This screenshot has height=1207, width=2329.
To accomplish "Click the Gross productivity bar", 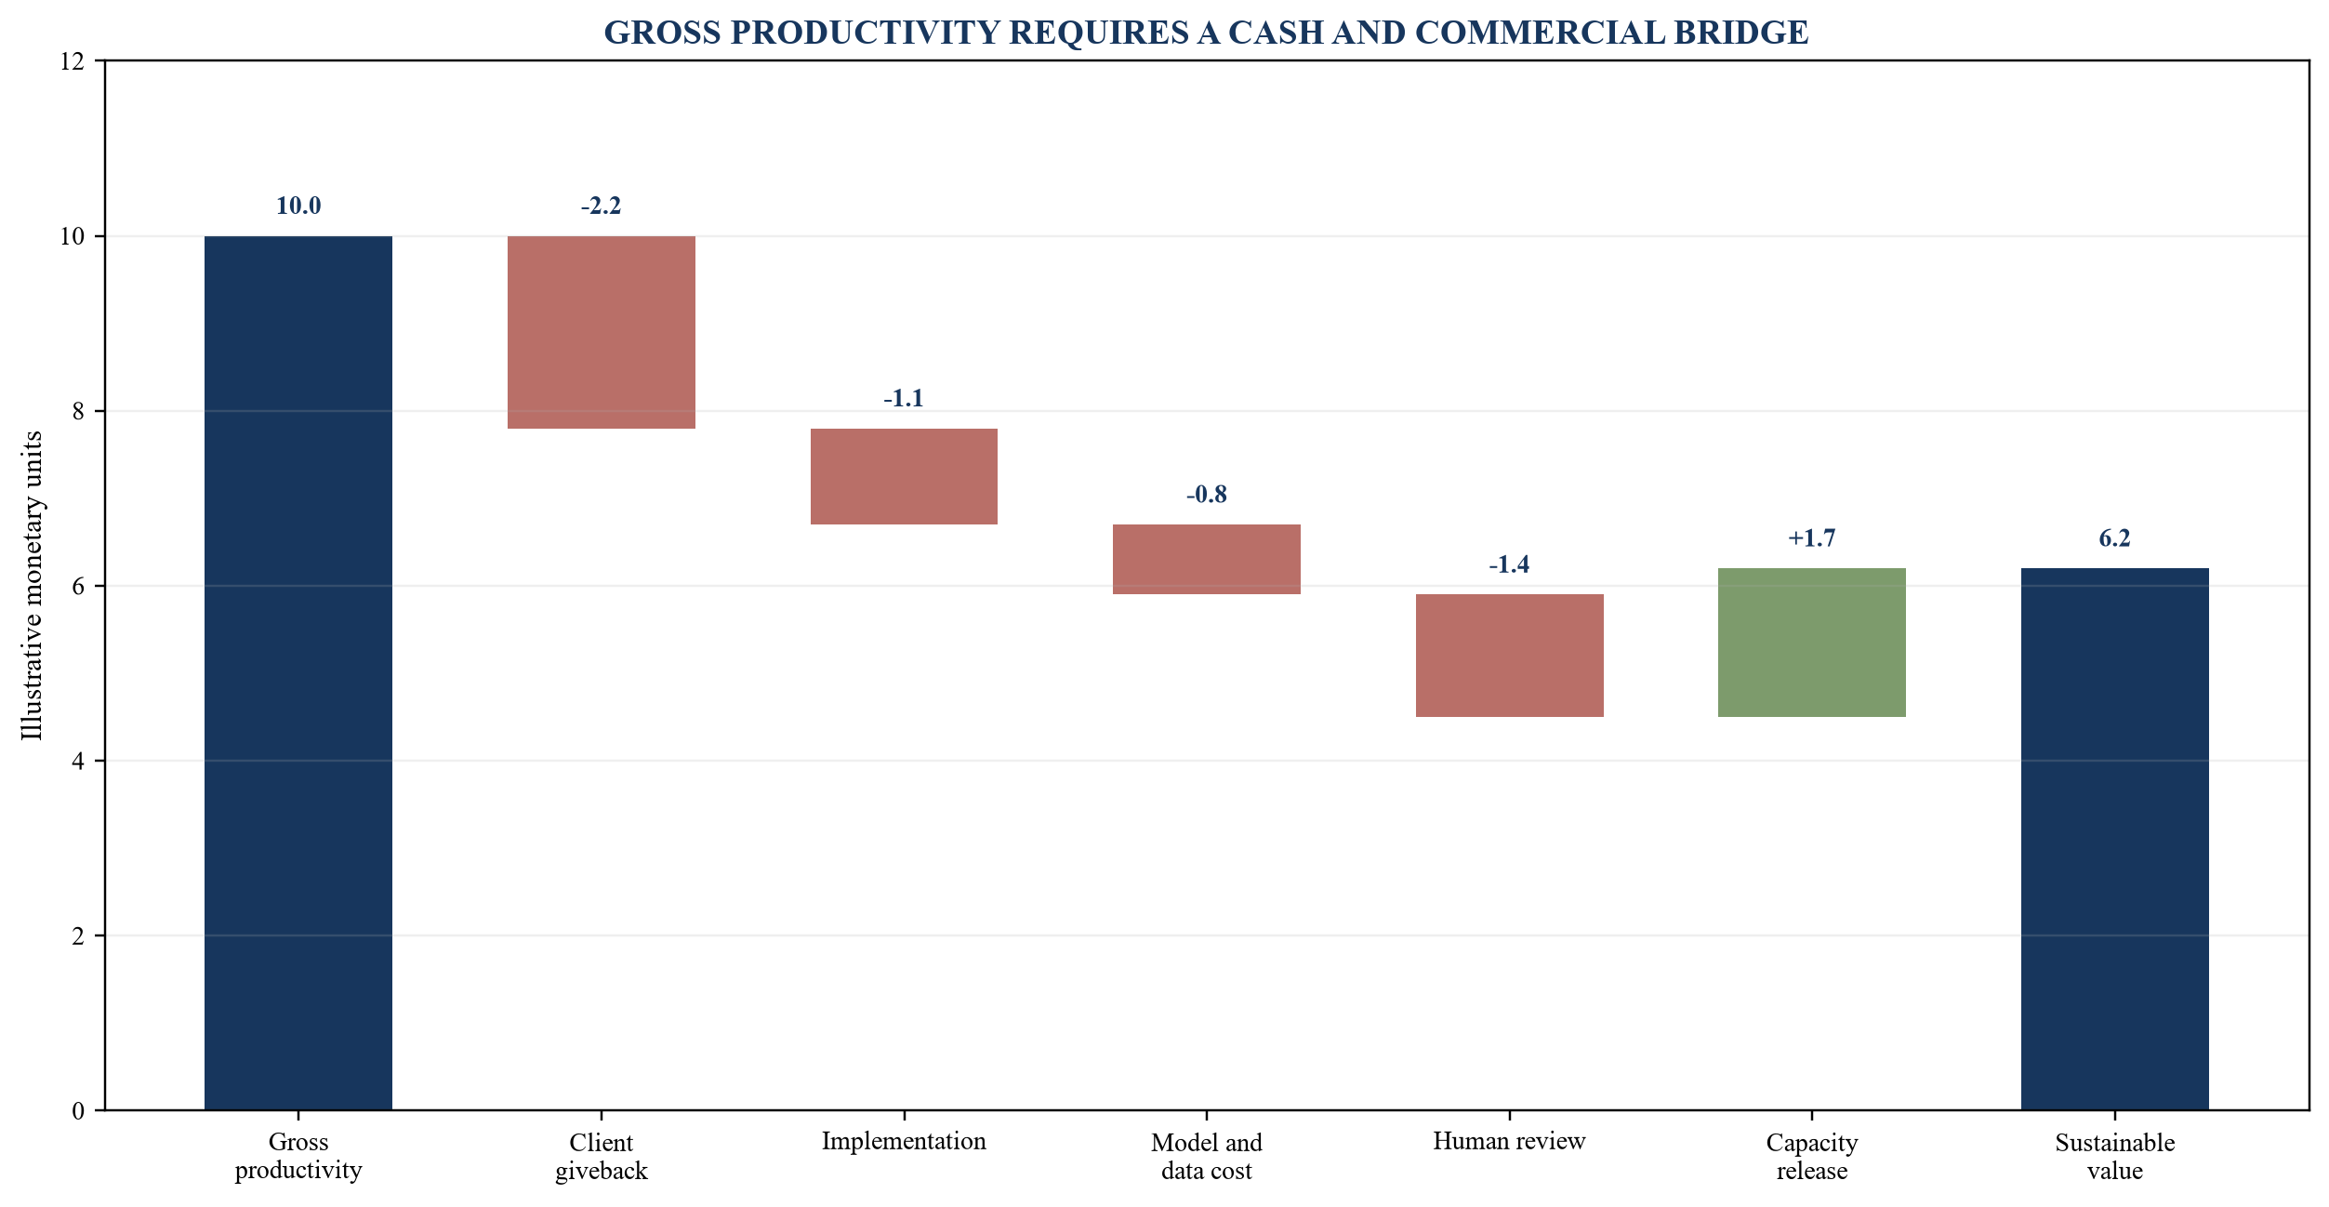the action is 298,672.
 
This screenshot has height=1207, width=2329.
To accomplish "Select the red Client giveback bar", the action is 601,332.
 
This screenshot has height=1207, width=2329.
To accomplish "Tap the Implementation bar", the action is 904,476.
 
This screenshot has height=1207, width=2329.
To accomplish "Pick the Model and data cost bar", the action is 1206,559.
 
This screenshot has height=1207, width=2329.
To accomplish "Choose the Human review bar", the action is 1509,656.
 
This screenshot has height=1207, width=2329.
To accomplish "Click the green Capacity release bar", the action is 1812,643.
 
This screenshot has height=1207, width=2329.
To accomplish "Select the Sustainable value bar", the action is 2114,839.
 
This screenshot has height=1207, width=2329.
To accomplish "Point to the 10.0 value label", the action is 298,206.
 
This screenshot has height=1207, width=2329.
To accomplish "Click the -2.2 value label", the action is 601,206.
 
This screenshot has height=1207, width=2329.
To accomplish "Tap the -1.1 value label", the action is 904,398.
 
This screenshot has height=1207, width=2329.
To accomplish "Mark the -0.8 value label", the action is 1206,494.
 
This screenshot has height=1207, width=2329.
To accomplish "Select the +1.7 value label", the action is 1812,537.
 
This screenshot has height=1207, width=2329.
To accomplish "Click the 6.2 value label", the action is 2114,537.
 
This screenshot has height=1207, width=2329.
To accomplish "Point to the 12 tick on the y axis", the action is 72,61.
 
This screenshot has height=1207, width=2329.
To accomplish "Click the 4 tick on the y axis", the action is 78,761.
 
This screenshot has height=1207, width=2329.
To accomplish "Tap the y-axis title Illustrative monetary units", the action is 33,586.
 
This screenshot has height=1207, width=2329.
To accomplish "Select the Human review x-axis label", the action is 1509,1141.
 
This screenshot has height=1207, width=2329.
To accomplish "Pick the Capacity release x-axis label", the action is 1812,1156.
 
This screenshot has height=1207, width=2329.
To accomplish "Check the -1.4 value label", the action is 1509,564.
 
